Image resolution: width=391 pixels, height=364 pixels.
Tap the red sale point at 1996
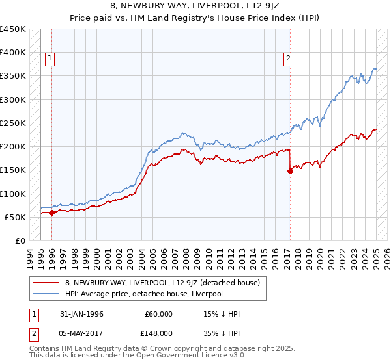point(51,213)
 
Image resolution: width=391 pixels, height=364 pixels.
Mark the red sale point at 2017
point(290,171)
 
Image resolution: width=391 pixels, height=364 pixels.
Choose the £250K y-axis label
point(13,123)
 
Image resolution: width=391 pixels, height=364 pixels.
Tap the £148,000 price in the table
point(158,333)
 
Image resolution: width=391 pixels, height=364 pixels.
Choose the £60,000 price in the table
point(158,314)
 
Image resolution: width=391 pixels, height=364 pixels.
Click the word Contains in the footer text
point(46,349)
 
